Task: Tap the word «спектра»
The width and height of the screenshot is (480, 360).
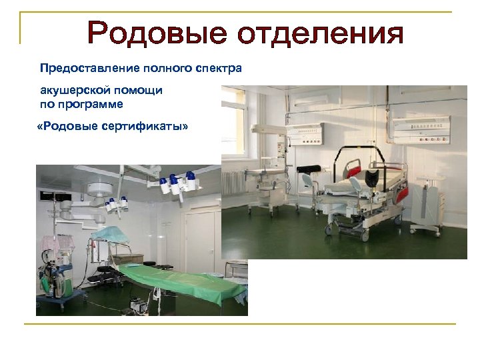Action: [x=219, y=68]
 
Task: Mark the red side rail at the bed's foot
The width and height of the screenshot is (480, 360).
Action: [x=401, y=194]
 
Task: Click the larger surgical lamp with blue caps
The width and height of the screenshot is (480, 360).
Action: [x=176, y=183]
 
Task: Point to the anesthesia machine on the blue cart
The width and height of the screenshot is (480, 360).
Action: [x=57, y=270]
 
